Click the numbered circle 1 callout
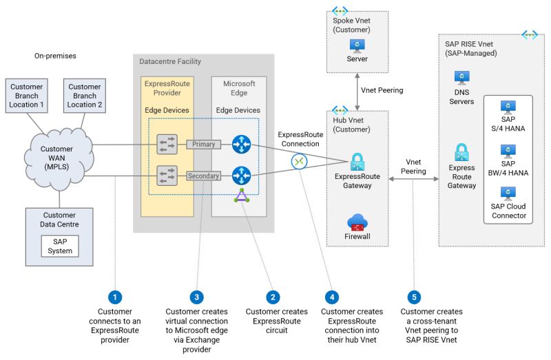click(115, 297)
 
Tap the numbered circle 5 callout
click(414, 297)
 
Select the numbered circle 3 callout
click(196, 297)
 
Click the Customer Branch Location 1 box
click(27, 96)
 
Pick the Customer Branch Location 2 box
click(85, 96)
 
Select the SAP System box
click(60, 246)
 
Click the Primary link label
click(203, 145)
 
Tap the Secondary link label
click(203, 176)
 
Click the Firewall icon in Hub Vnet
click(357, 222)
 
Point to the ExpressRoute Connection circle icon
click(299, 162)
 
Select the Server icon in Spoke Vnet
click(357, 46)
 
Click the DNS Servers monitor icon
click(461, 78)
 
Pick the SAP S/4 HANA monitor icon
click(508, 107)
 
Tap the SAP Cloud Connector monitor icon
click(508, 194)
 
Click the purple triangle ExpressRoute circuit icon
click(242, 195)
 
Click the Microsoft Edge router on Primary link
click(242, 145)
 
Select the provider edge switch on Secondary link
click(167, 176)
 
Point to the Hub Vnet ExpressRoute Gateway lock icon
click(357, 162)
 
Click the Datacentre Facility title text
click(170, 61)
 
